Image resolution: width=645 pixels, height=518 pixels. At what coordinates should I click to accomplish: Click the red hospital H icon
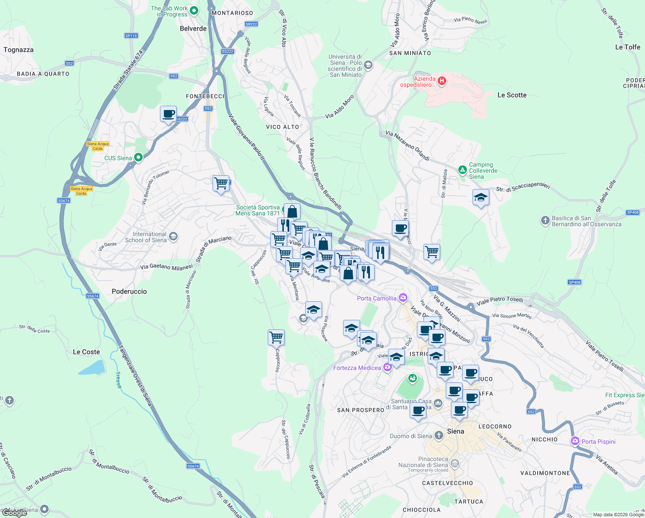pyautogui.click(x=441, y=80)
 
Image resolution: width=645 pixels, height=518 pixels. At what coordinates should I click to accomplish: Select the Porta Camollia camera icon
pyautogui.click(x=403, y=297)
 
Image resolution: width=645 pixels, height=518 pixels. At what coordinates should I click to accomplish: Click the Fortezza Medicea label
pyautogui.click(x=357, y=368)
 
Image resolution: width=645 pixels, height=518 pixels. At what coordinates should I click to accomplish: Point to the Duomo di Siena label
pyautogui.click(x=410, y=436)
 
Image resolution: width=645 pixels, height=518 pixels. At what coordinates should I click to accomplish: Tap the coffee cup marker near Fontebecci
pyautogui.click(x=168, y=114)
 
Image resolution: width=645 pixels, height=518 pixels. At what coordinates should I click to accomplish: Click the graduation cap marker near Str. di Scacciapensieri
pyautogui.click(x=481, y=198)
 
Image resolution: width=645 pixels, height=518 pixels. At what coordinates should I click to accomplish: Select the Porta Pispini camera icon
pyautogui.click(x=575, y=441)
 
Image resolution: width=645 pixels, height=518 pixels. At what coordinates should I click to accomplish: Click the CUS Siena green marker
pyautogui.click(x=138, y=158)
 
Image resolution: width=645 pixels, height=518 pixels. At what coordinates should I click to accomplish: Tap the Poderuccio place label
pyautogui.click(x=129, y=291)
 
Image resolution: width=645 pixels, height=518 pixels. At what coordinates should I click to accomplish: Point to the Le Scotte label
pyautogui.click(x=512, y=95)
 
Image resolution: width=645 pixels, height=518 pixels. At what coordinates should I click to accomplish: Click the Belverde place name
pyautogui.click(x=193, y=28)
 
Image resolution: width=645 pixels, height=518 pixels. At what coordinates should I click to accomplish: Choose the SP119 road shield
pyautogui.click(x=131, y=36)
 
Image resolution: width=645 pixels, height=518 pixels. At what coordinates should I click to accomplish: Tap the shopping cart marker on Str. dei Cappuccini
pyautogui.click(x=276, y=337)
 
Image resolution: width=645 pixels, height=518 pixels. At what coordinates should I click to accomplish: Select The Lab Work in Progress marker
pyautogui.click(x=194, y=11)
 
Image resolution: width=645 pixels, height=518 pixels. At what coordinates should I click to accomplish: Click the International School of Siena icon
pyautogui.click(x=173, y=236)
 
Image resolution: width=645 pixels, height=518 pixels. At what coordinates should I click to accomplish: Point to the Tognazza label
pyautogui.click(x=19, y=50)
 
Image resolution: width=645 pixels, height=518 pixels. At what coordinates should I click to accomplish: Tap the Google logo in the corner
pyautogui.click(x=14, y=513)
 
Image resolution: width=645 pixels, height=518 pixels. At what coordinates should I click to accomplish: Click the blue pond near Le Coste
pyautogui.click(x=92, y=367)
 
